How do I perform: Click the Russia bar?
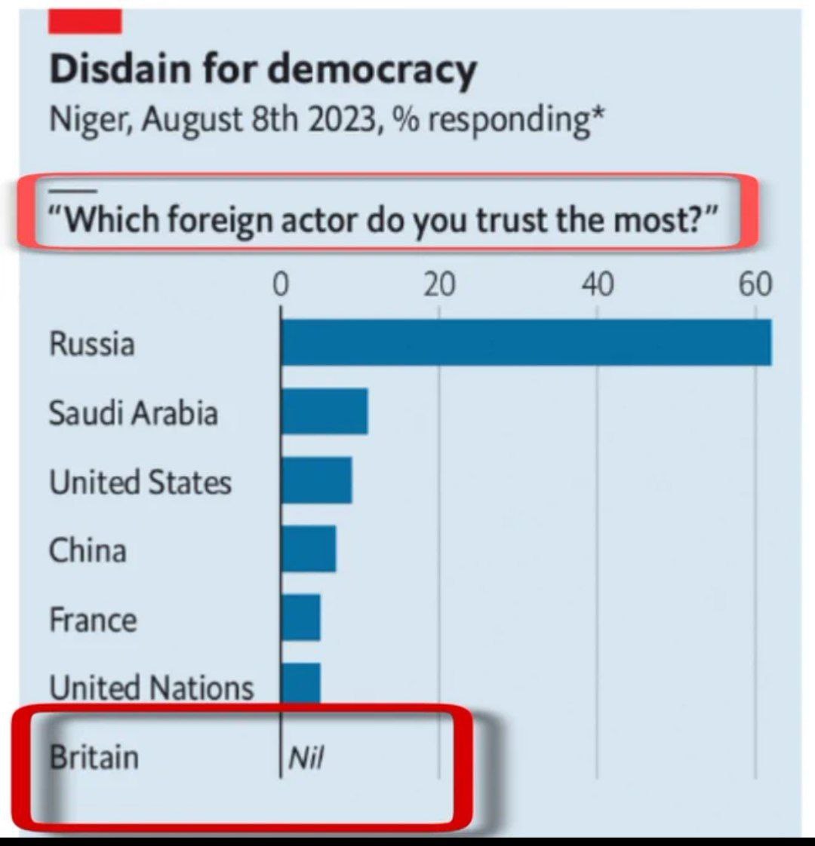pos(526,342)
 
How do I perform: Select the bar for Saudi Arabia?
pos(324,412)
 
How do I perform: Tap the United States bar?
pos(316,480)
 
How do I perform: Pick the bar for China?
pos(309,549)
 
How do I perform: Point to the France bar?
pos(300,618)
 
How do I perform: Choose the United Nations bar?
pos(300,682)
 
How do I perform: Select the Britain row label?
pos(94,756)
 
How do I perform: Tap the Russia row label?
pos(92,344)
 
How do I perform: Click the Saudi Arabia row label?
pos(134,413)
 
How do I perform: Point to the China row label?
pos(88,550)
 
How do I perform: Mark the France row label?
pos(94,620)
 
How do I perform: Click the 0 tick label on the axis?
pos(281,285)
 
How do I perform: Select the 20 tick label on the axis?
pos(438,285)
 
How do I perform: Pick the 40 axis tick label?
pos(597,285)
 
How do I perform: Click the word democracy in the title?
pos(373,70)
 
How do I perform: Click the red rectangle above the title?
pos(85,22)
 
